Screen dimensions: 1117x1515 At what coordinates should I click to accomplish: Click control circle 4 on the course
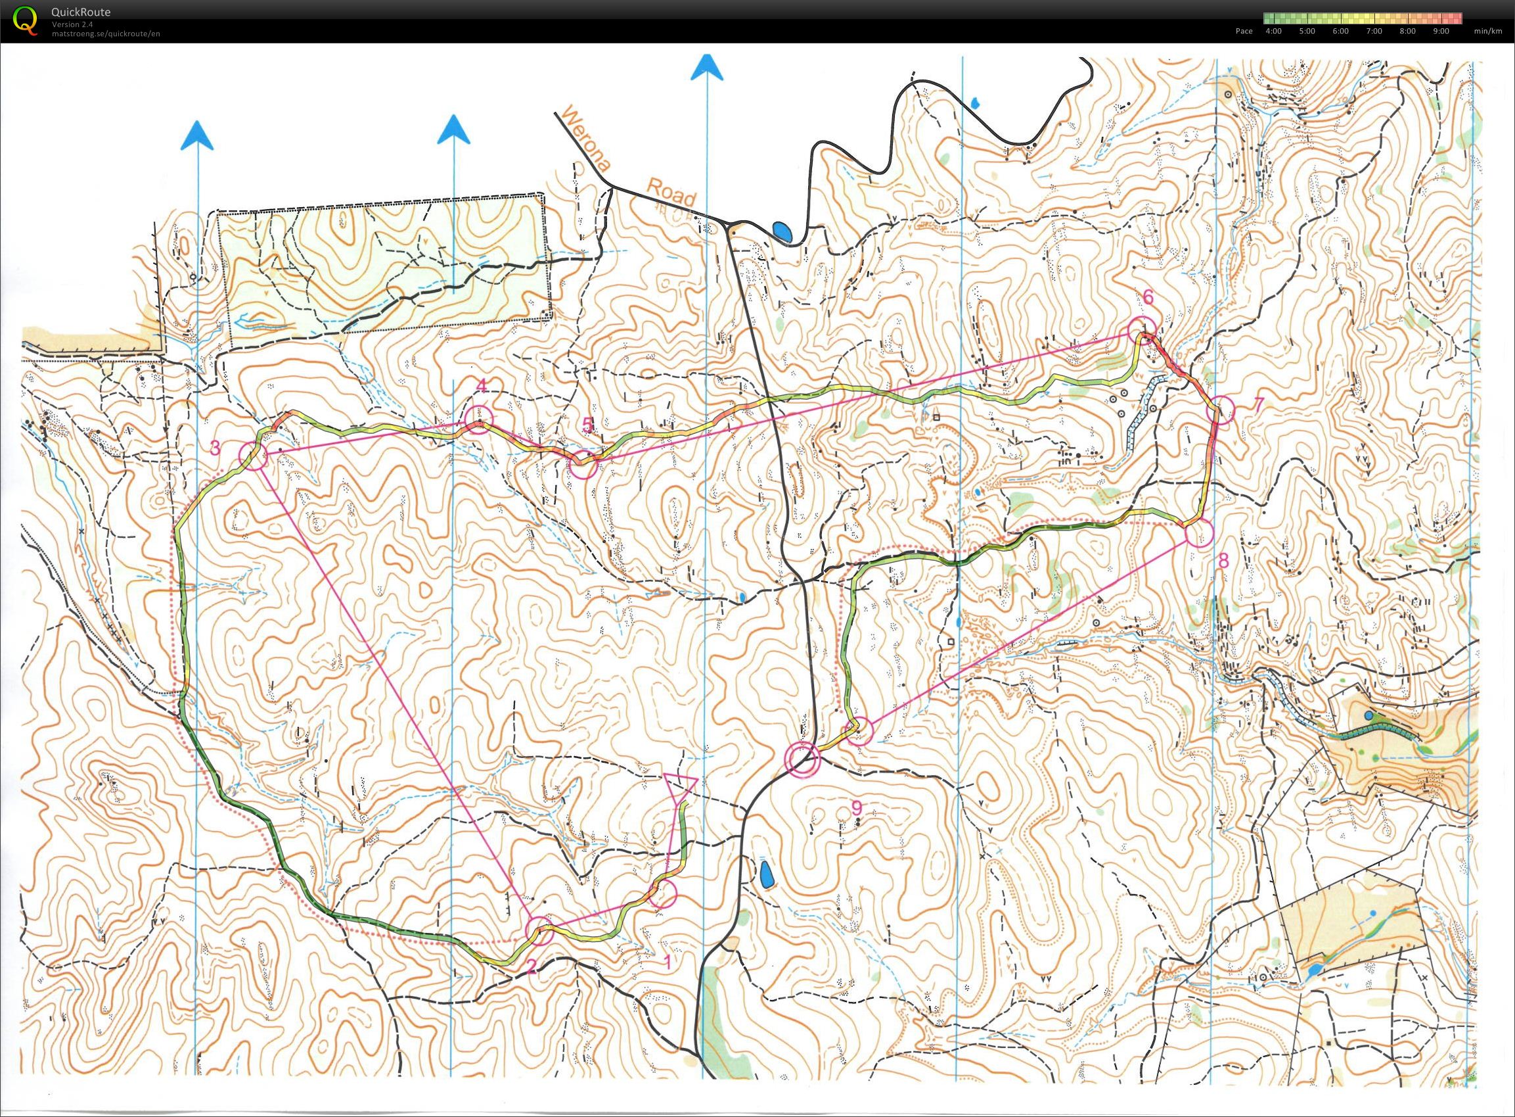coord(479,420)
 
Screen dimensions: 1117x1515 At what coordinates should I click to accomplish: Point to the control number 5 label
coord(587,425)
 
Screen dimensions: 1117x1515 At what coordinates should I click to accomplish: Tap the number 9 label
coord(856,807)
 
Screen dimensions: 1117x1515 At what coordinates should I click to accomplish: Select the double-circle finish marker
coord(802,759)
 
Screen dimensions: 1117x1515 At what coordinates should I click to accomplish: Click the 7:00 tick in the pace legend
coord(1374,31)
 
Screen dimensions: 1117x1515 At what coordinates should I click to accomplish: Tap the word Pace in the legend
coord(1244,31)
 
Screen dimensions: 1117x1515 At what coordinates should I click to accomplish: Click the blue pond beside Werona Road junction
coord(784,232)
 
